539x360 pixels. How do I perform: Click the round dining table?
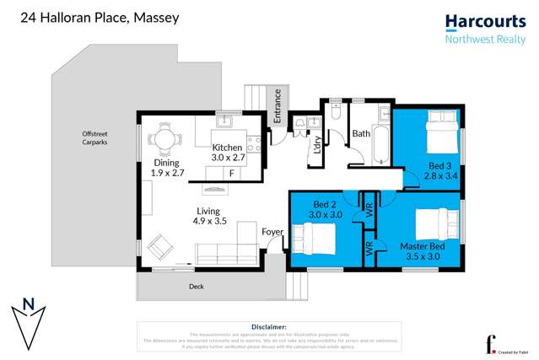click(x=164, y=137)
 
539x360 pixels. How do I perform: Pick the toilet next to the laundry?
click(x=336, y=111)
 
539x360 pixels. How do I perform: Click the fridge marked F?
click(x=231, y=173)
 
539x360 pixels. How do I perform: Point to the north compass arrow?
click(x=29, y=322)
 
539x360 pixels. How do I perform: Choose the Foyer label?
click(x=272, y=232)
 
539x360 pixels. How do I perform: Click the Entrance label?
click(x=276, y=105)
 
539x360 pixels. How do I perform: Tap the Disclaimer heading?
click(x=269, y=326)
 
